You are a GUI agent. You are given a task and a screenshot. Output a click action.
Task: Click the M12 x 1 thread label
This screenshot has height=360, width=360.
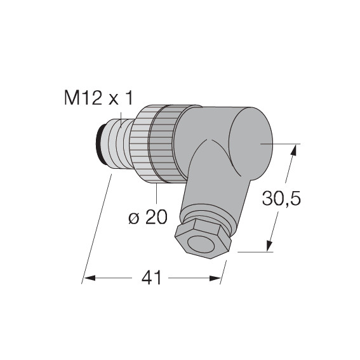coord(98,98)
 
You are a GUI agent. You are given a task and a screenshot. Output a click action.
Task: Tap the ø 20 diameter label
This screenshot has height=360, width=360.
coord(148,217)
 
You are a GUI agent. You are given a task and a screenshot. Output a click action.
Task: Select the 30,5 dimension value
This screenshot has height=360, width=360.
coord(281,198)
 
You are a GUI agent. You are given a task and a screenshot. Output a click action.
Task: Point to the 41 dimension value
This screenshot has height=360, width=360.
coord(152,277)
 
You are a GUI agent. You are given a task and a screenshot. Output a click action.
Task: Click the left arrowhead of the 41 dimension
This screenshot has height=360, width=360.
coord(90,278)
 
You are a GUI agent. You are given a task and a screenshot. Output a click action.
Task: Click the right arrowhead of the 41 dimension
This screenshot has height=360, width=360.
coord(215,279)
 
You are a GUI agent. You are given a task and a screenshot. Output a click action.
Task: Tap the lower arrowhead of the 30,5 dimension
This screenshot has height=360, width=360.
coord(269,246)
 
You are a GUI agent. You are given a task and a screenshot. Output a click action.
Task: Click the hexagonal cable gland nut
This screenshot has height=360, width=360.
coord(203,239)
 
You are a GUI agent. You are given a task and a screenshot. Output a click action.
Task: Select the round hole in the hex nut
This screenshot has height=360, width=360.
coord(201,244)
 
